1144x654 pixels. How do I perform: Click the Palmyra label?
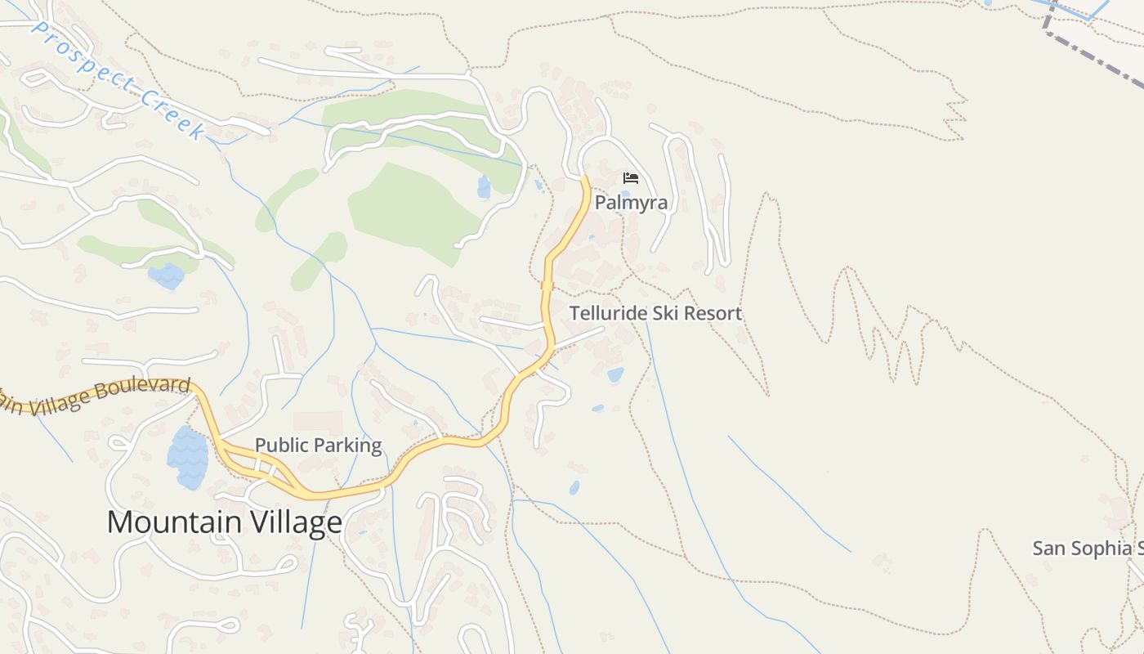[631, 203]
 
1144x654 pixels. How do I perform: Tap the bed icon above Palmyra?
[631, 177]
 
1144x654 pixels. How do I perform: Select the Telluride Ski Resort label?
[655, 313]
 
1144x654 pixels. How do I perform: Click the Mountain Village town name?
[225, 522]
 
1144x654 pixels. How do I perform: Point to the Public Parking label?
[318, 446]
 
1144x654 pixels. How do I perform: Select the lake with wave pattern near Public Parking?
[188, 458]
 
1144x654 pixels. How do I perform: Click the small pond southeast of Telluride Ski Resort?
[615, 374]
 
